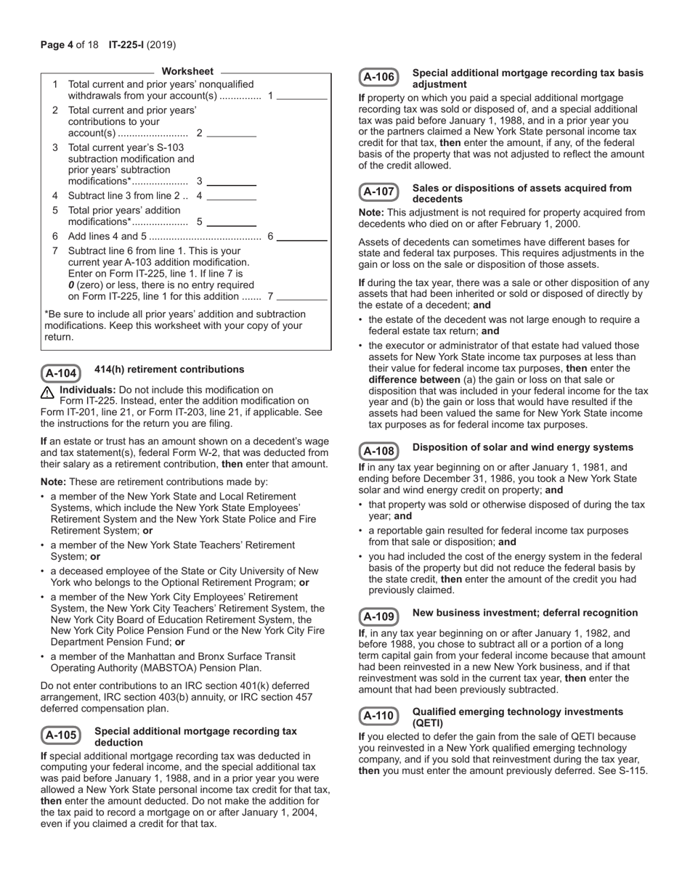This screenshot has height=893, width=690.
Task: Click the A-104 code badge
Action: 60,373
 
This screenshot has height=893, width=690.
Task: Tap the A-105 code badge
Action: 60,735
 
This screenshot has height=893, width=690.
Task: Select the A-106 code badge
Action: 378,77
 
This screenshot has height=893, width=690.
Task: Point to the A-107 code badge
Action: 378,192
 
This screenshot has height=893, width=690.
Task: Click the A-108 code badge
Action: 378,451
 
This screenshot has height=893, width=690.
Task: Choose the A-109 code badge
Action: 378,616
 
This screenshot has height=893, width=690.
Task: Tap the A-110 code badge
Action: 378,716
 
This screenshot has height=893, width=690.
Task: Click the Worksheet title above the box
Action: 187,71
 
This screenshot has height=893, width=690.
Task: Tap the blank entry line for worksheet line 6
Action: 302,237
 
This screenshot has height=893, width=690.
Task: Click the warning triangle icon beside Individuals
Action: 48,393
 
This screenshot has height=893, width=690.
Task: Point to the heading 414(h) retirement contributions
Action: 169,370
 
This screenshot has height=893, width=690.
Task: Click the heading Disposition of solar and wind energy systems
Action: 522,447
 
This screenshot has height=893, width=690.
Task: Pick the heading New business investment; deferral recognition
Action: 524,613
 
